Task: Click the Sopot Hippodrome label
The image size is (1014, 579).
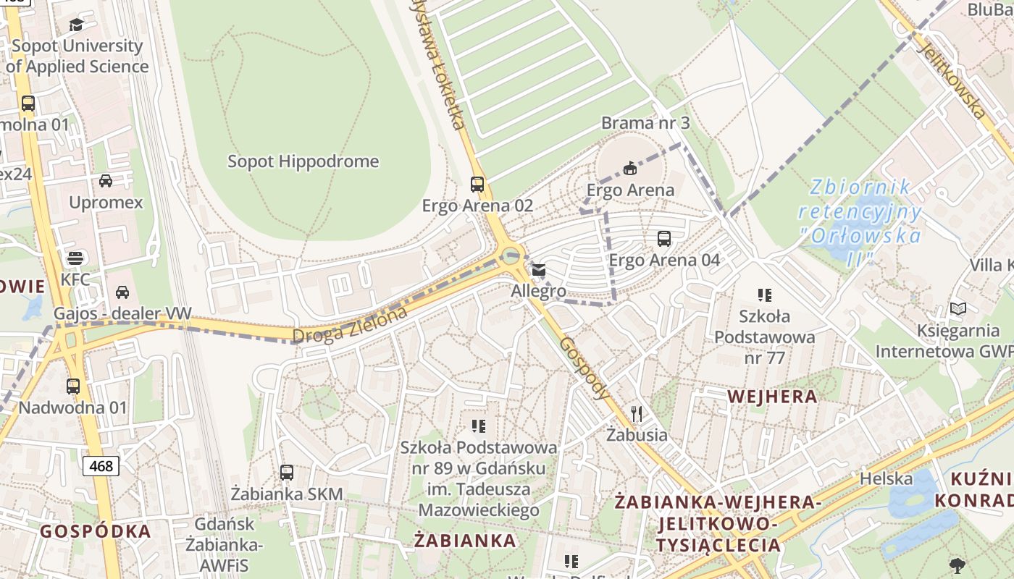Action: click(x=303, y=161)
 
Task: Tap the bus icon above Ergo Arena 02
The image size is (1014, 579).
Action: click(x=477, y=184)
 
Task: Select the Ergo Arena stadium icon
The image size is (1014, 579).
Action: click(x=630, y=168)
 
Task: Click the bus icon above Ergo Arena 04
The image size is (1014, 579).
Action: click(x=663, y=238)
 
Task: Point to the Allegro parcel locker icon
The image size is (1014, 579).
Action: click(x=538, y=270)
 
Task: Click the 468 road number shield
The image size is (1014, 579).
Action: click(x=101, y=466)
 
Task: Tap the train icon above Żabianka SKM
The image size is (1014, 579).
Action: click(x=287, y=473)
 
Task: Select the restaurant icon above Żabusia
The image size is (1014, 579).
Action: click(x=637, y=413)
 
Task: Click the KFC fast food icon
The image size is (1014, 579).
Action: click(x=75, y=258)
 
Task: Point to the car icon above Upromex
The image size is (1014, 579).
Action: click(x=106, y=180)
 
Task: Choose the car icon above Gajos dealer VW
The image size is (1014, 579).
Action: click(x=122, y=292)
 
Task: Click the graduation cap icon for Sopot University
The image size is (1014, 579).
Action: click(x=77, y=25)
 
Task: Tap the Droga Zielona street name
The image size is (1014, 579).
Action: click(x=350, y=325)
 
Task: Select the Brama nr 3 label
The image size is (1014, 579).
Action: click(x=645, y=123)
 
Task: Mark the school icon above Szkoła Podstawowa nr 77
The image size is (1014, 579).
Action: click(x=765, y=295)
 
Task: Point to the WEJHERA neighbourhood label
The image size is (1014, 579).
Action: click(x=772, y=397)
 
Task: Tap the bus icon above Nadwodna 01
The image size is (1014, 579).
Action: click(x=73, y=386)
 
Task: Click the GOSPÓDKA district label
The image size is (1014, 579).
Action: click(x=96, y=531)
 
